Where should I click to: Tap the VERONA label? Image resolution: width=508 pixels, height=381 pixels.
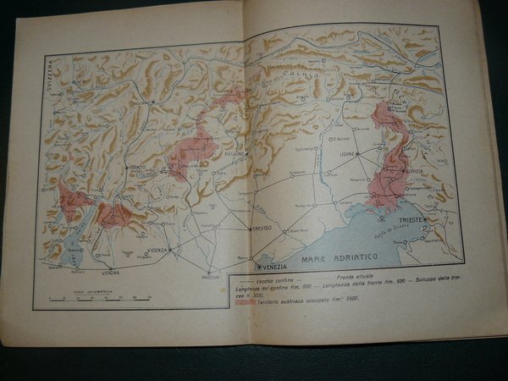[108, 275]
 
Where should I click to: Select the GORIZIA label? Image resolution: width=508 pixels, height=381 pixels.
[413, 171]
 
